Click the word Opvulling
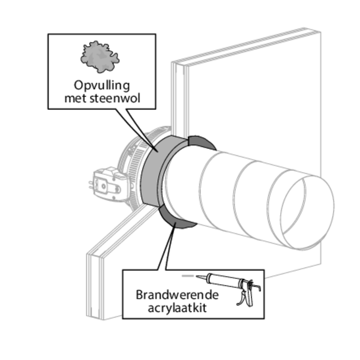click(x=99, y=84)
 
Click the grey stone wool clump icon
click(x=100, y=57)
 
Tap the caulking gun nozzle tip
click(x=187, y=276)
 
